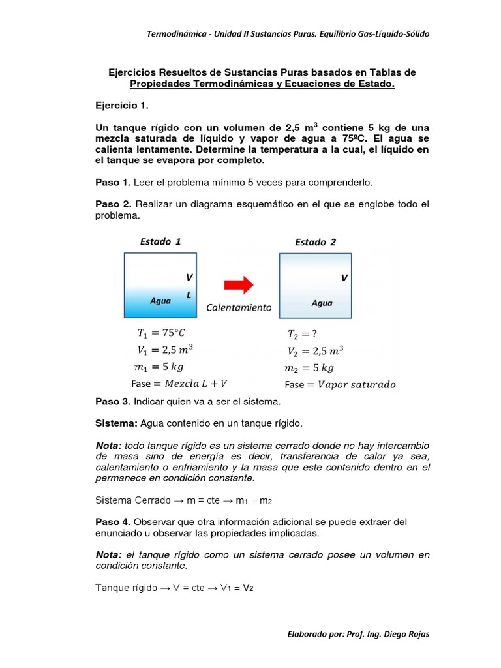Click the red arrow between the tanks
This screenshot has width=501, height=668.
(x=238, y=284)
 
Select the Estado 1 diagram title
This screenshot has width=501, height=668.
(x=160, y=241)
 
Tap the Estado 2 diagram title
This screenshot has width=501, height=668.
(x=315, y=242)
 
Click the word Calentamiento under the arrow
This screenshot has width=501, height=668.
(x=239, y=307)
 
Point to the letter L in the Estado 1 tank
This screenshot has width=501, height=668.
(x=189, y=295)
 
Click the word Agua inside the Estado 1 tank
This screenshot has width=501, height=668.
(x=160, y=301)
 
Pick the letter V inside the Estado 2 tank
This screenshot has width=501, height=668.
(x=344, y=278)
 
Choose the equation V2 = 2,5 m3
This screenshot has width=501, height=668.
(x=315, y=351)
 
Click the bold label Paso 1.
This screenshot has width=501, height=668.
(x=113, y=182)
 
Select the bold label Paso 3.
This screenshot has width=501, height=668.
(x=113, y=401)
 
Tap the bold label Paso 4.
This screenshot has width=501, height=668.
(x=113, y=522)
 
